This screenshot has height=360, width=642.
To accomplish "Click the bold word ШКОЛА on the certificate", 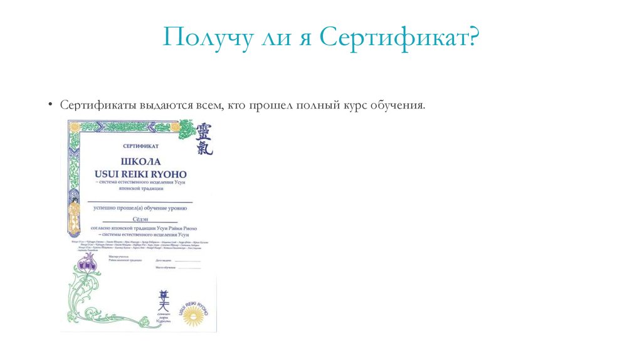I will tap(141, 160).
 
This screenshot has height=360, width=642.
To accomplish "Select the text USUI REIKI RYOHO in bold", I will tap(141, 172).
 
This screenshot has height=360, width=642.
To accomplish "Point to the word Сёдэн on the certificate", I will tap(142, 220).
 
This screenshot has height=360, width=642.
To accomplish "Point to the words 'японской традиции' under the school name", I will tap(141, 188).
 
